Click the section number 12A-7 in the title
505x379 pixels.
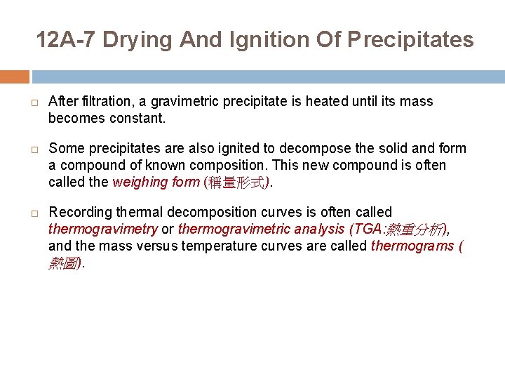(65, 40)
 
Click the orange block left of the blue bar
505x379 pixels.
(15, 77)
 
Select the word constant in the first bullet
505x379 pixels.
(138, 119)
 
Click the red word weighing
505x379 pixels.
(135, 182)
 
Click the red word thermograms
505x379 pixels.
(410, 246)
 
